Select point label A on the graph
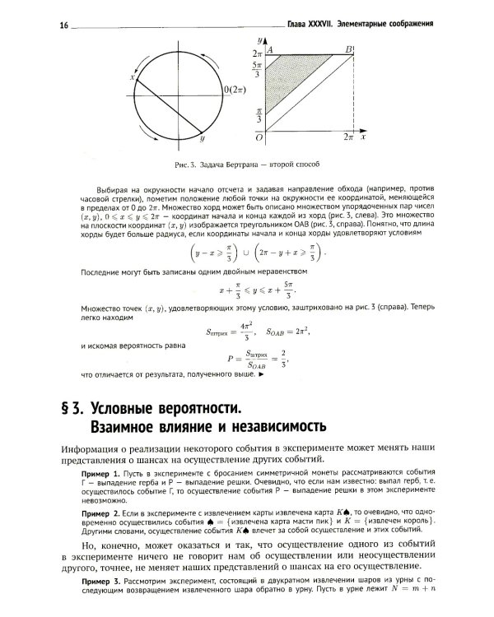tap(270, 50)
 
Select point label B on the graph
tap(350, 49)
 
